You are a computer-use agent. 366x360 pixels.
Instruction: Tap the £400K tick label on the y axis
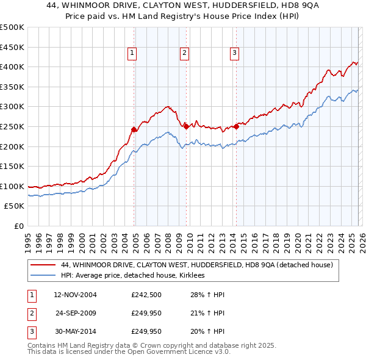click(12, 67)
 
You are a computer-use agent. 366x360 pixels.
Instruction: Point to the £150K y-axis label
click(12, 166)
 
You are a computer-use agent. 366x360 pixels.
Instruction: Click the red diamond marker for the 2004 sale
click(134, 129)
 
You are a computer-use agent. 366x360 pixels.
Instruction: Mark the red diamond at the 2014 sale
click(236, 126)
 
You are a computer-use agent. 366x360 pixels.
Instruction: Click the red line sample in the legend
click(44, 265)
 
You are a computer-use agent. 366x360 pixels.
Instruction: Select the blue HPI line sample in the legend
click(44, 276)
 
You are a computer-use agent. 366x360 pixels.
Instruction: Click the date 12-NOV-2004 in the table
click(76, 295)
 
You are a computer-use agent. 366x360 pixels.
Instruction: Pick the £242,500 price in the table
click(146, 295)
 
